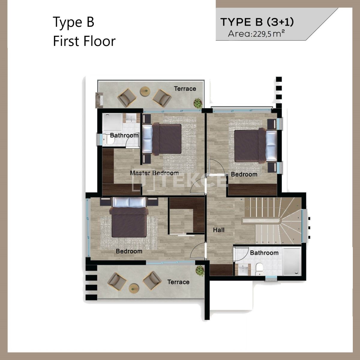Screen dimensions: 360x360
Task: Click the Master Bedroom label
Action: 154,173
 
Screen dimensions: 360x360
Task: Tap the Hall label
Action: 219,230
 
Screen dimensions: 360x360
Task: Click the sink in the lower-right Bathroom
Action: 243,269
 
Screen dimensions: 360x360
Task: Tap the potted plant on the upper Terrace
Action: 198,103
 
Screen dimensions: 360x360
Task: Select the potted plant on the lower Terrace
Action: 200,271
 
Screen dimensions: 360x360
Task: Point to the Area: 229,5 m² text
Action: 256,34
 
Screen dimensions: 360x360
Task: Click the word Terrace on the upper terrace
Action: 185,88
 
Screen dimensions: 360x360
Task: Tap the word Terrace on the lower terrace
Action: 178,282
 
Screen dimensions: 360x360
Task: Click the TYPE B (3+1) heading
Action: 257,22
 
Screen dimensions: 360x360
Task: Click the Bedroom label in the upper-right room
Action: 244,174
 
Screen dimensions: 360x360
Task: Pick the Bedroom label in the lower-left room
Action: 129,251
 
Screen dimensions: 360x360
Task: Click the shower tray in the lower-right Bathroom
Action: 292,261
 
